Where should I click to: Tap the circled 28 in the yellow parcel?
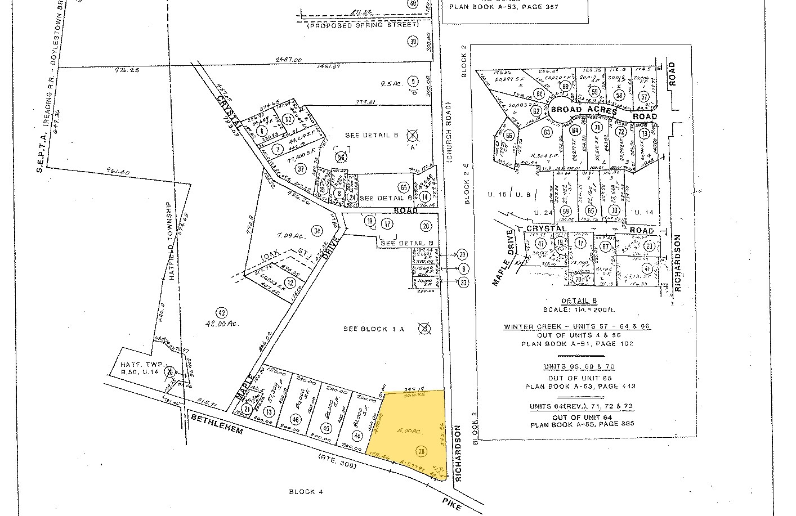(x=421, y=451)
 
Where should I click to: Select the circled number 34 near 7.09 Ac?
(x=317, y=230)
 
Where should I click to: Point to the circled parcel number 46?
(x=296, y=419)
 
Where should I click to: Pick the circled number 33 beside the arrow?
(x=463, y=282)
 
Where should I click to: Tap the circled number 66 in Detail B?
(x=509, y=136)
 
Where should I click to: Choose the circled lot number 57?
(x=644, y=96)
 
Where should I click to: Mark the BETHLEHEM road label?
(x=217, y=423)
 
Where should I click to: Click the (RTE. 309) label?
(x=336, y=461)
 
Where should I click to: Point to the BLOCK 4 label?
(x=306, y=492)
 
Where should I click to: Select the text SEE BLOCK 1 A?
(x=374, y=329)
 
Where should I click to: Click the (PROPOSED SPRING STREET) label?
(x=363, y=25)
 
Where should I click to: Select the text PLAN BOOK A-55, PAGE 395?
(x=582, y=424)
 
